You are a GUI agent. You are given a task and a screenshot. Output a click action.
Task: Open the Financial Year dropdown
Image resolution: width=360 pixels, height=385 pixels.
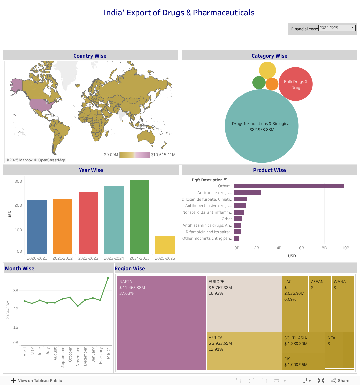337,28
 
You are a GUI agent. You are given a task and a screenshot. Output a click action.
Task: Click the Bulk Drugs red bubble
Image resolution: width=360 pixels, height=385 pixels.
296,84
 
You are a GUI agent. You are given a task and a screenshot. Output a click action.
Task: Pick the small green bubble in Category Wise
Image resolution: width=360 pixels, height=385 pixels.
259,82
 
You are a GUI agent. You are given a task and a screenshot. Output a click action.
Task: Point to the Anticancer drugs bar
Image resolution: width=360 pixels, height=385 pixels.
247,193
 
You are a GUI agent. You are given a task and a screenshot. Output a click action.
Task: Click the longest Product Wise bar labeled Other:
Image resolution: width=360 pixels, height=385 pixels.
289,186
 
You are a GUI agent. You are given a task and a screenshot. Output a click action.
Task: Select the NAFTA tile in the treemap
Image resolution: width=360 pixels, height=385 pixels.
162,323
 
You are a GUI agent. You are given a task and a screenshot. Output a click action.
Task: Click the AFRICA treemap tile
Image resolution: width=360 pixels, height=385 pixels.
244,351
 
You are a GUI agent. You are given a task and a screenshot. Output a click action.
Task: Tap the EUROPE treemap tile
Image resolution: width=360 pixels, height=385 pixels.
244,304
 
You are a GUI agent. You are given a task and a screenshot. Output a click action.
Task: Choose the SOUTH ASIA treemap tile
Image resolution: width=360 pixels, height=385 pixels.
303,342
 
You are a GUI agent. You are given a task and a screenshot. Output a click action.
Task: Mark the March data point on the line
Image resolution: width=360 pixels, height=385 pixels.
108,278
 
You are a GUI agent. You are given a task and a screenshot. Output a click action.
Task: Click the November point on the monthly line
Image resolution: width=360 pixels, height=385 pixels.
78,306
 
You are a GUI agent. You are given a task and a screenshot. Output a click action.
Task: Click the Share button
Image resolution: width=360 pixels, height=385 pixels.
340,381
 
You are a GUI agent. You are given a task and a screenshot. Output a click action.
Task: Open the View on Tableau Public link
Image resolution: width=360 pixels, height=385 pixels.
36,381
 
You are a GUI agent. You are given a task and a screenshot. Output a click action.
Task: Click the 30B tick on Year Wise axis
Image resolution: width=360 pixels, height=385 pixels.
18,181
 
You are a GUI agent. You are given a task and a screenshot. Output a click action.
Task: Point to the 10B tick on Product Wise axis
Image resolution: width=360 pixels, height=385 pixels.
346,248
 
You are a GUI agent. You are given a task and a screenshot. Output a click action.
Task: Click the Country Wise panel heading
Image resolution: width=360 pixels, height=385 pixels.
90,56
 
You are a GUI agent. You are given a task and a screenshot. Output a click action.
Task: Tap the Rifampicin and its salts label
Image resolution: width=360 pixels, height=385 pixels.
209,232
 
